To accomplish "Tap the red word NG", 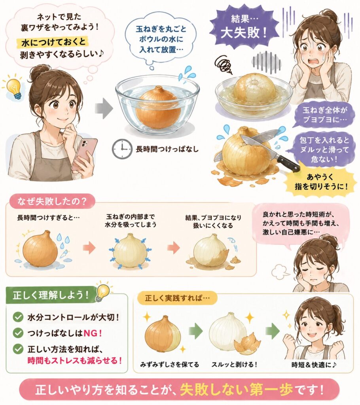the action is click(x=91, y=333).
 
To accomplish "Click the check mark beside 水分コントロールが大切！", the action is click(x=18, y=317).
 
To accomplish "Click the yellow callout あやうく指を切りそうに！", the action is click(x=320, y=182).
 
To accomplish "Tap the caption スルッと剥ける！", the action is click(x=234, y=364).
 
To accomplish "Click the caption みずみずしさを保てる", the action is click(x=170, y=364).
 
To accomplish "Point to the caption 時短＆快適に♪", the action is click(x=314, y=365).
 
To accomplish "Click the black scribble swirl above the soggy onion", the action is click(x=224, y=64).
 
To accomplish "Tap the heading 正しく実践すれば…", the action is click(x=177, y=298).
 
